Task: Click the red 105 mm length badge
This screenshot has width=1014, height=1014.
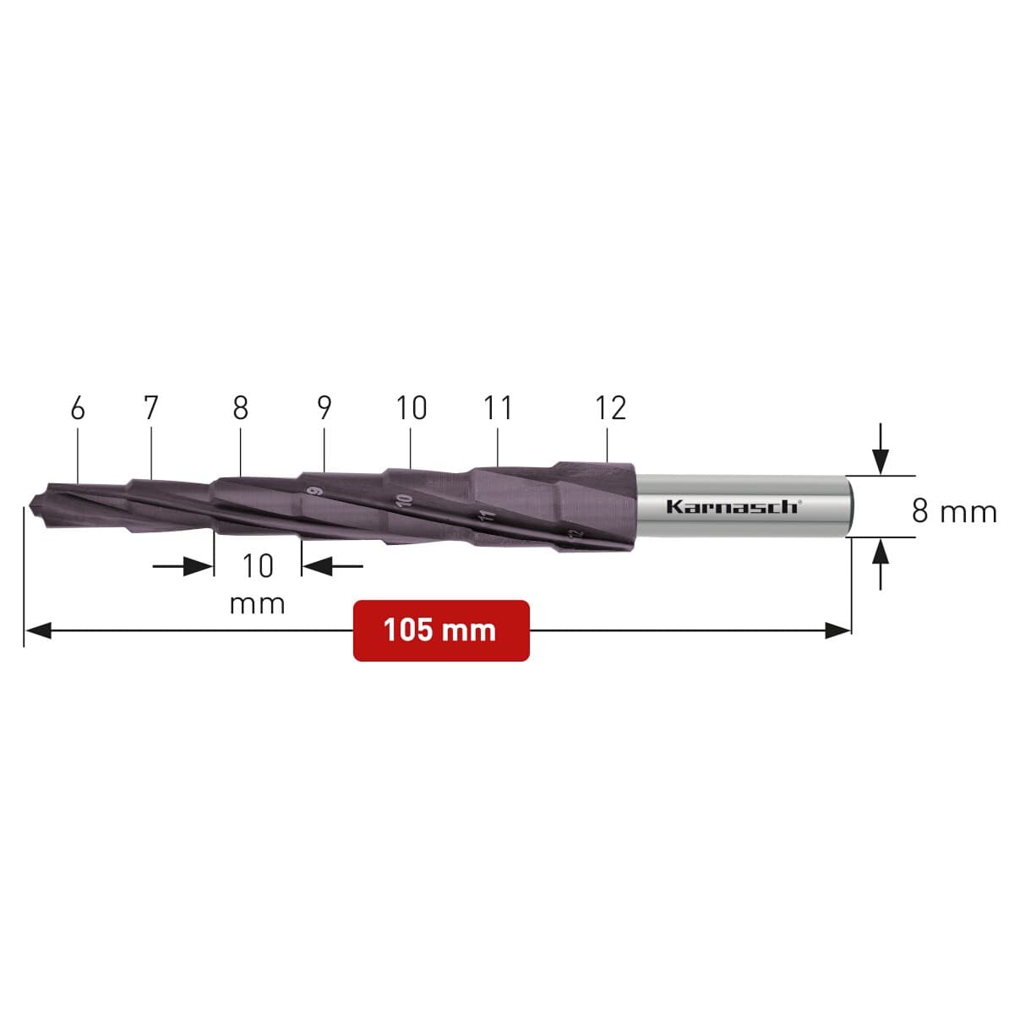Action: click(441, 630)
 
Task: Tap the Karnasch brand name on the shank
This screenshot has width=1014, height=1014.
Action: click(734, 507)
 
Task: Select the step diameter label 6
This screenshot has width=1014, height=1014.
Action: click(78, 408)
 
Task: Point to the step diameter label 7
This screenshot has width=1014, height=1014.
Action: click(150, 408)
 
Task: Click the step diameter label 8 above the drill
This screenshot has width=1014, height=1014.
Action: click(241, 408)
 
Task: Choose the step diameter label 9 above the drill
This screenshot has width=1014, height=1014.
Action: click(324, 408)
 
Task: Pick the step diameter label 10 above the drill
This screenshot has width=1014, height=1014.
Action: click(412, 408)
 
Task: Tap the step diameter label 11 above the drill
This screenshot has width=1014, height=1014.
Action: click(498, 408)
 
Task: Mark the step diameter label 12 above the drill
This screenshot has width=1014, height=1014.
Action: click(611, 408)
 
